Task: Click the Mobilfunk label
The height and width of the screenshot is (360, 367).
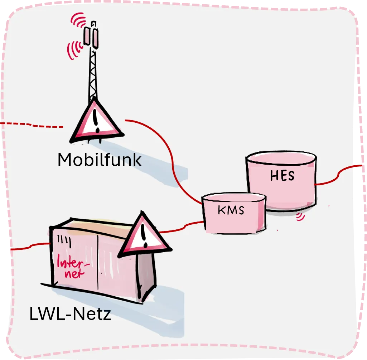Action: click(x=100, y=160)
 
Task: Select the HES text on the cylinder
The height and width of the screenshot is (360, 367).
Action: click(x=283, y=176)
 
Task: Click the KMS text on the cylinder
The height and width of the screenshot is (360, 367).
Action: click(x=231, y=210)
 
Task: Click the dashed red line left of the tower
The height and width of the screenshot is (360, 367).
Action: click(x=32, y=125)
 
